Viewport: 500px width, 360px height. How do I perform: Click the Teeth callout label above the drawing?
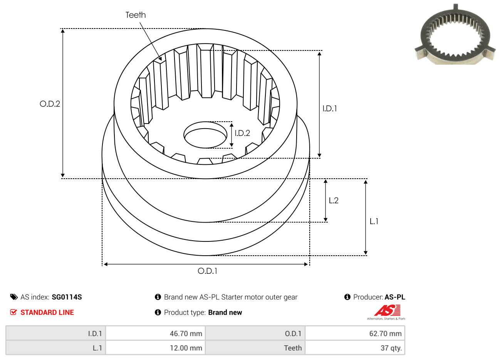click(136, 15)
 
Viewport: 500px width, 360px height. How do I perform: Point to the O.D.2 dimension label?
click(50, 104)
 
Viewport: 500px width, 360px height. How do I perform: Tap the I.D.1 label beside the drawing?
click(329, 109)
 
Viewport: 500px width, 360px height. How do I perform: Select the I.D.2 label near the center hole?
click(242, 133)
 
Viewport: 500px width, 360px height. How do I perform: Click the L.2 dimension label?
click(334, 201)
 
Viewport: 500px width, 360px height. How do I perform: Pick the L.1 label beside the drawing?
click(374, 221)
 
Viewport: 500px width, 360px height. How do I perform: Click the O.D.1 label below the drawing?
click(207, 271)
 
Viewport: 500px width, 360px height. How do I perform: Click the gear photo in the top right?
click(455, 35)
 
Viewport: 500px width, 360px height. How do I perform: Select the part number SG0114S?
click(67, 297)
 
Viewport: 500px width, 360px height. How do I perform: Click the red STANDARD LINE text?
click(47, 313)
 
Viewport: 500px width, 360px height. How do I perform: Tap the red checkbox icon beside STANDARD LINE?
click(13, 312)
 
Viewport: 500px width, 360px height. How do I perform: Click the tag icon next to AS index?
click(14, 297)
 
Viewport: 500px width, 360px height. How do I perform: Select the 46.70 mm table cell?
click(156, 333)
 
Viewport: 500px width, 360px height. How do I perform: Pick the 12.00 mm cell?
click(156, 348)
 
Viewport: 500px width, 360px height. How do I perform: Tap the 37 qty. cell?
click(355, 348)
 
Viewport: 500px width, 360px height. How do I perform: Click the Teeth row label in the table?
click(293, 348)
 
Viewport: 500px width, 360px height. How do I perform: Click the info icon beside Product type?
click(158, 312)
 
